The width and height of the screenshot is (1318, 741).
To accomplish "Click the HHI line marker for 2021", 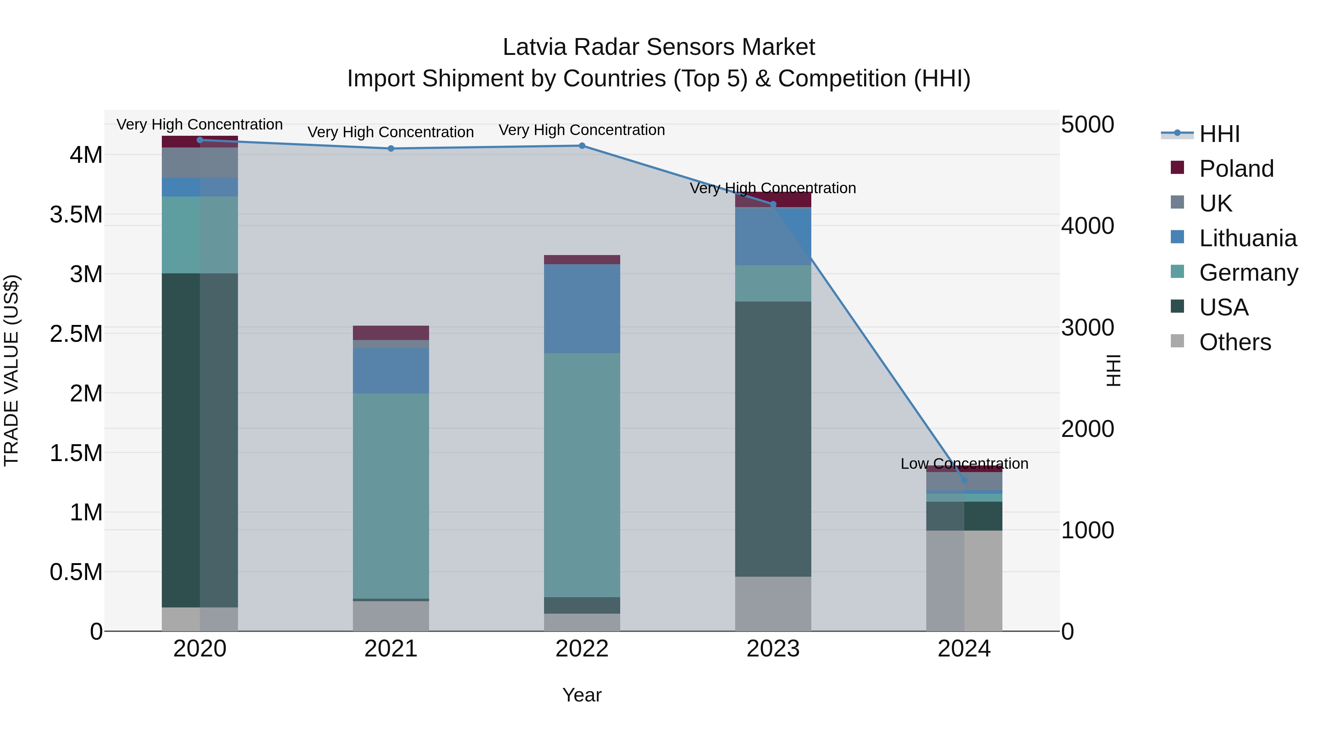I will click(x=391, y=148).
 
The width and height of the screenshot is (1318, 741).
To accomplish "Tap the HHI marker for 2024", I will click(x=964, y=480).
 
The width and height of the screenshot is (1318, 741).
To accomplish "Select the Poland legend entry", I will click(x=1236, y=169).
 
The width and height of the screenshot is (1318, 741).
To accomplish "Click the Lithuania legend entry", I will click(x=1247, y=238).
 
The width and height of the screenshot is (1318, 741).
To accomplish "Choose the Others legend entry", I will click(x=1235, y=342).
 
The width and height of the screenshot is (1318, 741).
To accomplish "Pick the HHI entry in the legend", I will click(x=1219, y=134).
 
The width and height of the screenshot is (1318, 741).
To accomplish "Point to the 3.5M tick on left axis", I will click(x=76, y=214).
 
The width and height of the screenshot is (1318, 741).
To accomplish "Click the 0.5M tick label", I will click(x=76, y=572).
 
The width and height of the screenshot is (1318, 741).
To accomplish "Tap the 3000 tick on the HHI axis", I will click(x=1087, y=327).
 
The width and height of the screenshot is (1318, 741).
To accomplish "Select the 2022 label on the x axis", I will click(x=582, y=648).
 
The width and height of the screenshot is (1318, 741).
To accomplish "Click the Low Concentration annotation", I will click(x=964, y=463).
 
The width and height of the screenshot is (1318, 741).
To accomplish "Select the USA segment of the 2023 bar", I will click(x=773, y=439).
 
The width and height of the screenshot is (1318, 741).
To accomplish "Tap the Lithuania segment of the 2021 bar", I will click(x=391, y=370).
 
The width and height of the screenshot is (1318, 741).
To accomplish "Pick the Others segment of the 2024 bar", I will click(x=964, y=580).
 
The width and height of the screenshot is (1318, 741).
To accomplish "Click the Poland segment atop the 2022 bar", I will click(x=582, y=259).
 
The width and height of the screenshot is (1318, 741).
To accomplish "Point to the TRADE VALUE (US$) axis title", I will click(x=11, y=370).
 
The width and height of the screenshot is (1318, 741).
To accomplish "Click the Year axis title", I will click(x=582, y=695).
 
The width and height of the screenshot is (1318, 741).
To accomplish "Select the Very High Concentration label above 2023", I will click(x=773, y=188).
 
